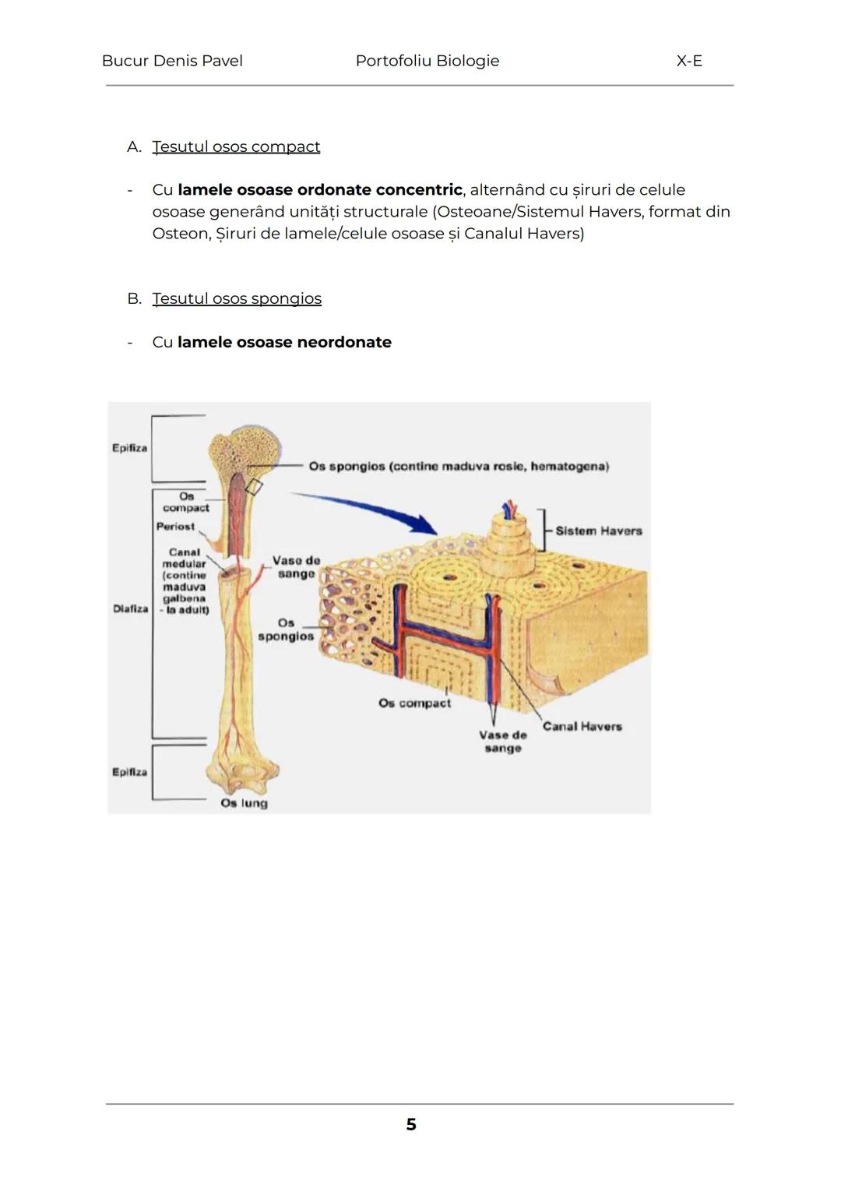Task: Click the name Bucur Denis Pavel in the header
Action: click(172, 61)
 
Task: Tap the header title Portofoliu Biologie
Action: click(427, 61)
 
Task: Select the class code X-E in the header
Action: click(689, 61)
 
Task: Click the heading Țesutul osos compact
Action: click(236, 146)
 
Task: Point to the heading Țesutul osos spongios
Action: click(237, 298)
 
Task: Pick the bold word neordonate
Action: click(344, 342)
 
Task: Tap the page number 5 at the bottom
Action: click(411, 1124)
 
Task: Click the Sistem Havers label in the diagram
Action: click(599, 531)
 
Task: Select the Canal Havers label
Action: click(582, 726)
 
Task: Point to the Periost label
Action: click(175, 526)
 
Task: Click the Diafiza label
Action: click(130, 608)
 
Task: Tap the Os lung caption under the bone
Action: click(244, 802)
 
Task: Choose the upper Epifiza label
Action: click(129, 448)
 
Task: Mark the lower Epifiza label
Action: click(129, 772)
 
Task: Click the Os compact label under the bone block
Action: click(414, 703)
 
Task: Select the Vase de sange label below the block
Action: click(503, 741)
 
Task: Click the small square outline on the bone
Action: click(254, 486)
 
